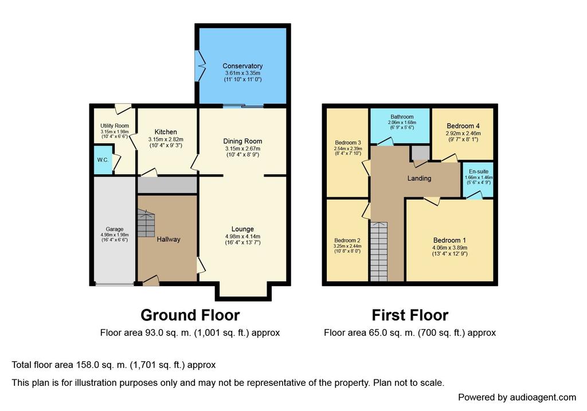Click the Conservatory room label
coord(242,66)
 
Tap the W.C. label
coord(103,160)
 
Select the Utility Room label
coord(115,126)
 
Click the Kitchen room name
coord(166,132)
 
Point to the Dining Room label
coord(242,141)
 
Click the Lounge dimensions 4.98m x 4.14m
coord(242,237)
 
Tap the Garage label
coord(115,229)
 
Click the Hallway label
coord(169,239)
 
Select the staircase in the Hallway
coord(146,223)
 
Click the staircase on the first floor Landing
coord(378,252)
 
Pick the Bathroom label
coord(402,117)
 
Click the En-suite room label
coord(479,171)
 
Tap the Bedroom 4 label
coord(463,126)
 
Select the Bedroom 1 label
coord(449,240)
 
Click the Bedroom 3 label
coord(348,143)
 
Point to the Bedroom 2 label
coord(347,240)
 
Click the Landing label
coord(419,178)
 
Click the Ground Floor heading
coord(190,315)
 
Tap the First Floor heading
coord(410,315)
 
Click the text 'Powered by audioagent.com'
coord(517,397)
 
